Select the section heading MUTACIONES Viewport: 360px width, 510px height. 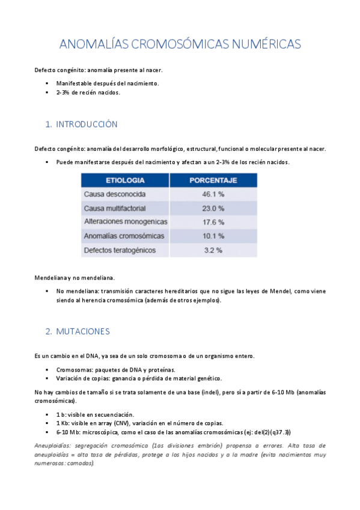coord(83,331)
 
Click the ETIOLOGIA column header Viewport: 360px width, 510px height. coord(124,180)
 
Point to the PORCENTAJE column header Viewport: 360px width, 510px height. coord(213,180)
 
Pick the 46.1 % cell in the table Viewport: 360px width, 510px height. coord(213,194)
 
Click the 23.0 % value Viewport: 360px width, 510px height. coord(213,208)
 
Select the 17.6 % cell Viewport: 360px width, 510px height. coord(213,222)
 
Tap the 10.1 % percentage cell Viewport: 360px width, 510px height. coord(213,236)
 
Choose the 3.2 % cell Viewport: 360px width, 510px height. coord(213,250)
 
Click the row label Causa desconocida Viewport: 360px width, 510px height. coord(114,194)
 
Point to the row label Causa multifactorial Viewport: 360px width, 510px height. coord(115,208)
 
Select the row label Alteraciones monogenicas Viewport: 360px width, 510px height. coord(125,222)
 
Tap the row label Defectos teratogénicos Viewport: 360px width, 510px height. coord(120,250)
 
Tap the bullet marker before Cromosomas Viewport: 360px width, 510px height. coord(46,370)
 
